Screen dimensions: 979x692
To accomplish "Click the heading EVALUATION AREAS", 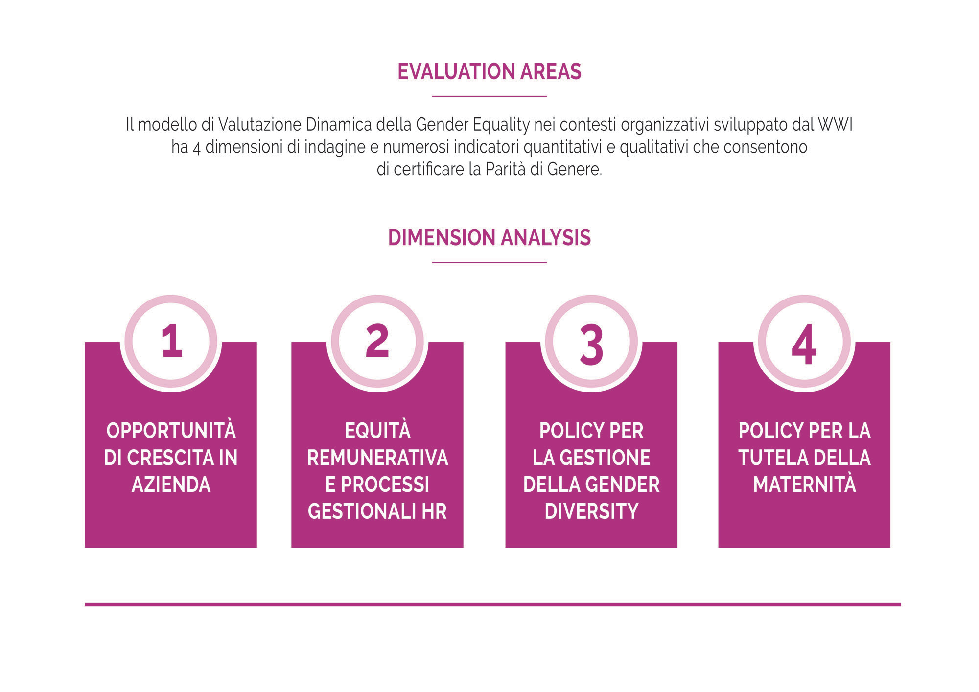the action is point(489,71).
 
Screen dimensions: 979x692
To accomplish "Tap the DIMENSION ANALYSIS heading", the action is point(489,237).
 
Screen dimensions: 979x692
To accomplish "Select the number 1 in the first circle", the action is point(172,341).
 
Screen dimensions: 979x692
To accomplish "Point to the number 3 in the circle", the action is point(591,345).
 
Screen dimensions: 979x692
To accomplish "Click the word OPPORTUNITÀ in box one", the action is point(171,431).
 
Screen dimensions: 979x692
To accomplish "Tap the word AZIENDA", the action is point(171,484).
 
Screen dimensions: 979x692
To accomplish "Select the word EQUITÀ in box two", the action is point(377,431).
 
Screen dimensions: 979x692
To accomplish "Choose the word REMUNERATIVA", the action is point(377,458).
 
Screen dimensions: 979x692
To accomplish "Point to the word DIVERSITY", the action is point(591,511).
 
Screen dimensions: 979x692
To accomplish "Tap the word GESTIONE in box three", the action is point(605,458).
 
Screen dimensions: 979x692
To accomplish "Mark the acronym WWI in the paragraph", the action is point(835,125).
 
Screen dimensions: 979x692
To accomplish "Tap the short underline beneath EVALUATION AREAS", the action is point(489,96).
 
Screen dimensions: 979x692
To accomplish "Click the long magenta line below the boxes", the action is point(492,604).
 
